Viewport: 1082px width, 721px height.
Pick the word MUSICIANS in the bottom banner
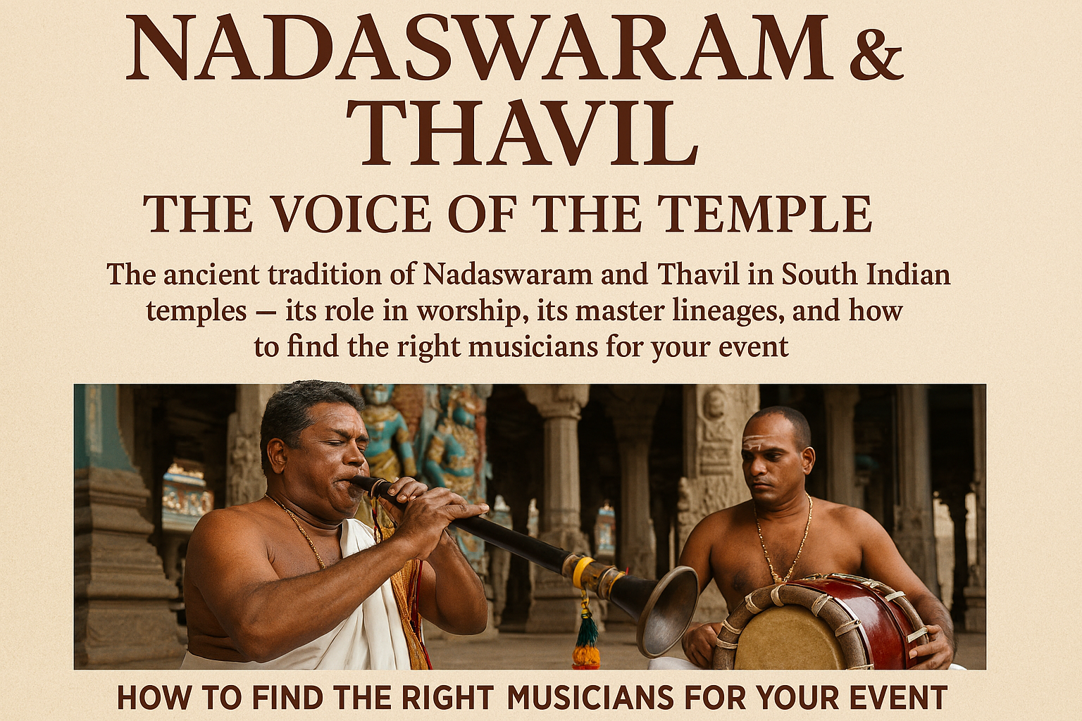[590, 698]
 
